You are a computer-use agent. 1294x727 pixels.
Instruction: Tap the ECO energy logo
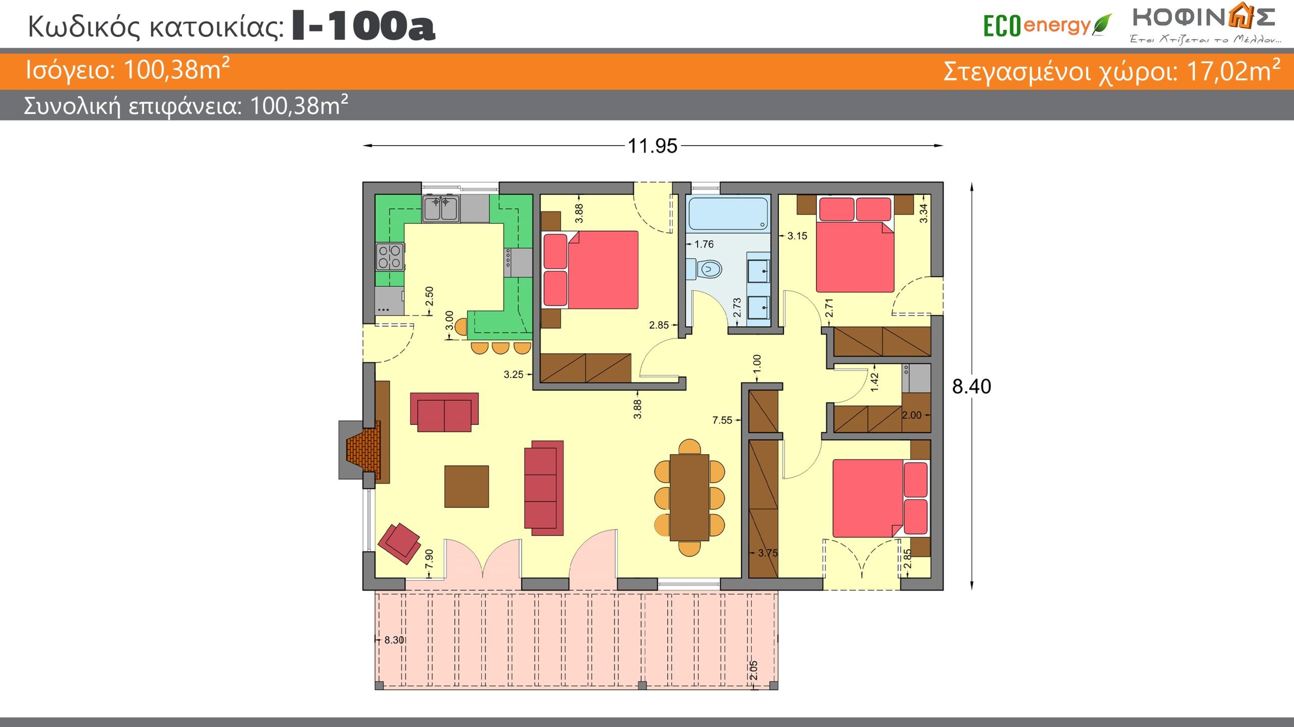(1047, 25)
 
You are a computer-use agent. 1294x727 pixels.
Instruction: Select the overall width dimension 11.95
(652, 146)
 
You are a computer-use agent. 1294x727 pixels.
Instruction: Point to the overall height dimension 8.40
(972, 387)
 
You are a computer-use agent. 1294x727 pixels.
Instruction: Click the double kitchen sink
(441, 208)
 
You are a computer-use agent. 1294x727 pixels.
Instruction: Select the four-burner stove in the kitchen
(390, 256)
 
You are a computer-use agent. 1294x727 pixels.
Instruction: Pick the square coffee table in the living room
(467, 486)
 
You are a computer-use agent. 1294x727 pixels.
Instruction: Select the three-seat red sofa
(544, 488)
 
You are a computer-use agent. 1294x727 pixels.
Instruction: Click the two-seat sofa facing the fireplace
(444, 412)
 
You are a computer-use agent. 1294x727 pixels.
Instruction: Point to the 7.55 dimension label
(722, 420)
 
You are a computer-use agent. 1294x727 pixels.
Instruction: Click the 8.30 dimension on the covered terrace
(394, 640)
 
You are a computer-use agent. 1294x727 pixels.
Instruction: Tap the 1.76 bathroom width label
(704, 244)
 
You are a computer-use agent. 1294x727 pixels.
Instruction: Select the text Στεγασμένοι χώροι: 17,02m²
(1112, 71)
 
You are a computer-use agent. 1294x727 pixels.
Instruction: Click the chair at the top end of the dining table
(689, 447)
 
